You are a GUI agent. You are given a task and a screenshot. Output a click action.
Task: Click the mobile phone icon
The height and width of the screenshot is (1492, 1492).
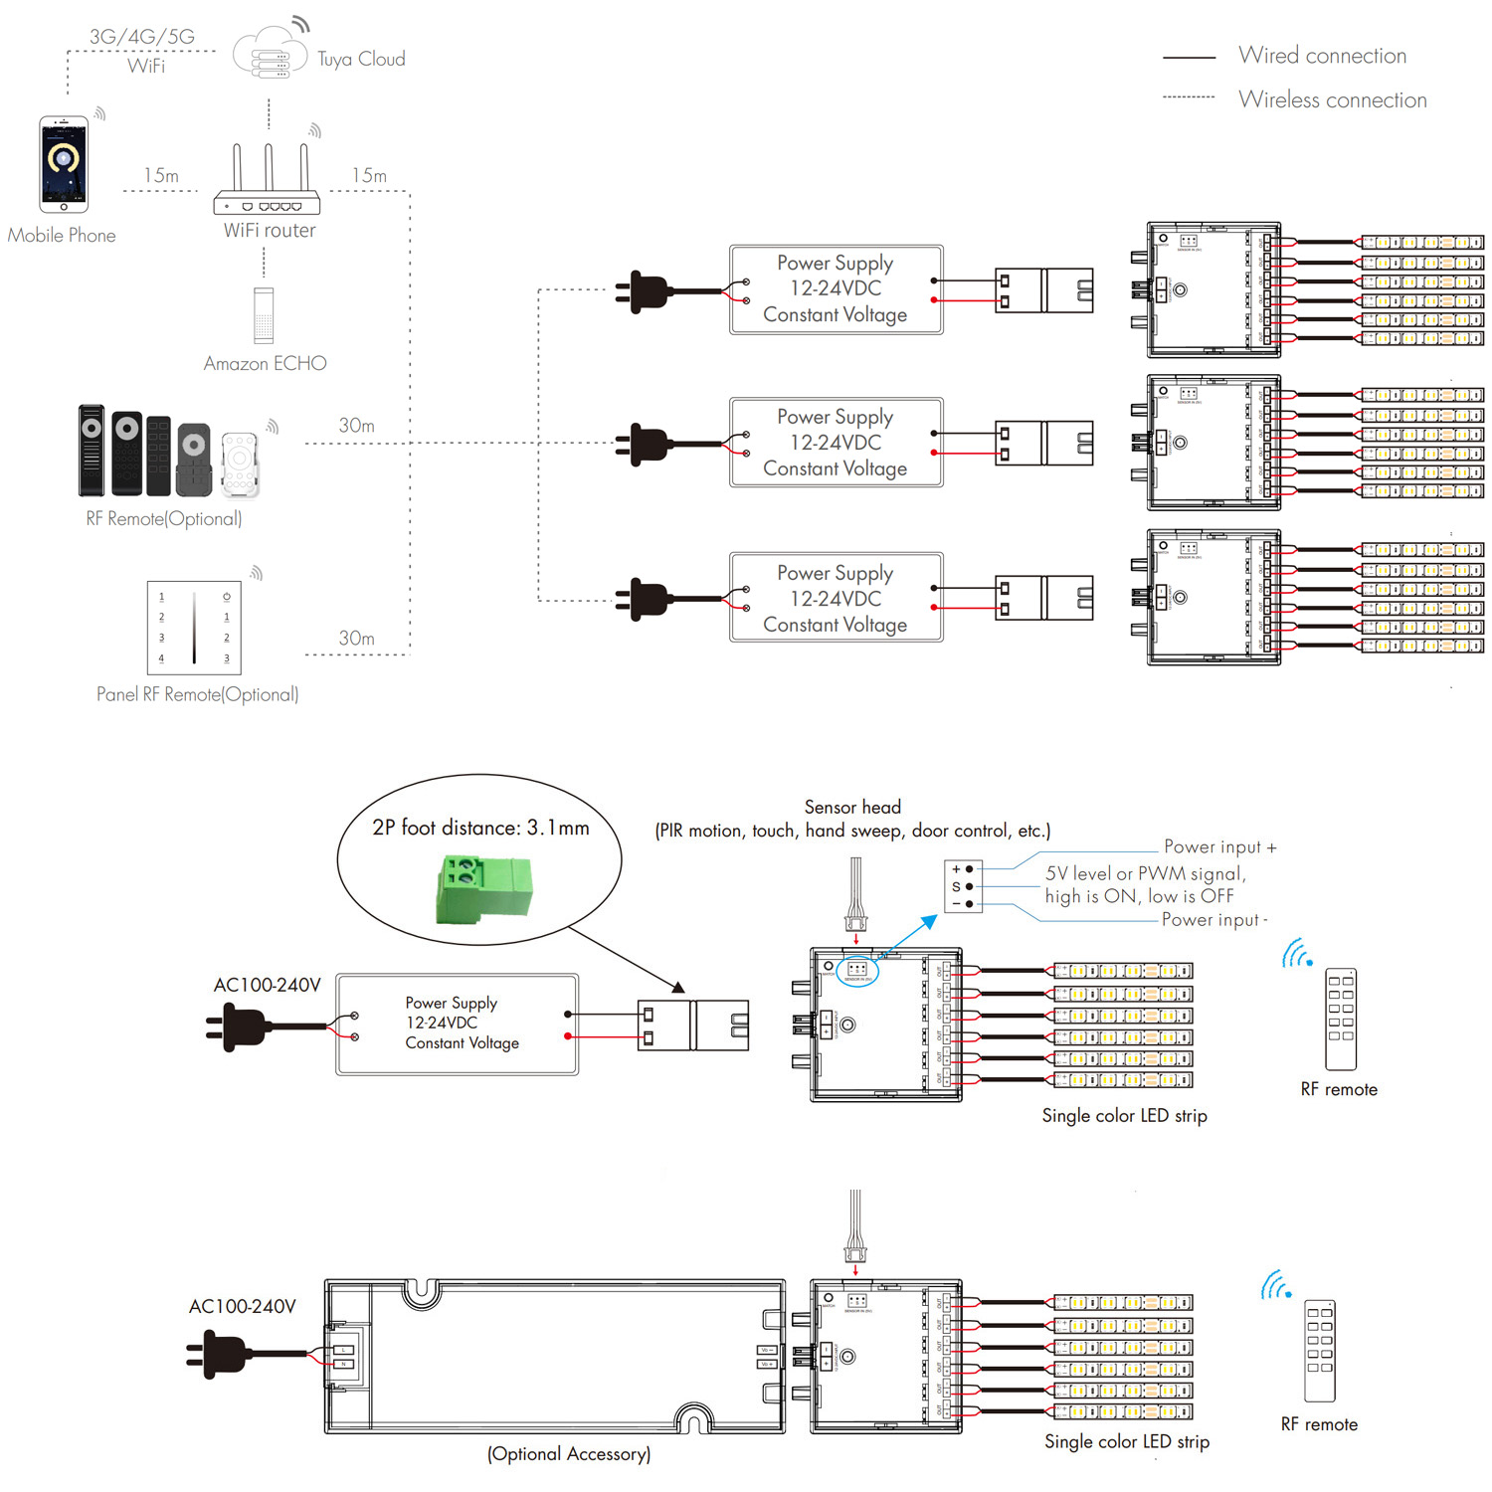click(64, 164)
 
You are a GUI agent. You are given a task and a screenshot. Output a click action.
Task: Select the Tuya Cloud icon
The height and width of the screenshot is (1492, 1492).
click(270, 55)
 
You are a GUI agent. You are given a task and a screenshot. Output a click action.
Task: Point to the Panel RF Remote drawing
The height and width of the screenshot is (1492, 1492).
click(194, 628)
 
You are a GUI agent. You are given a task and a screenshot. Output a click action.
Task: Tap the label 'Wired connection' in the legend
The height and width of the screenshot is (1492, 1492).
click(1322, 56)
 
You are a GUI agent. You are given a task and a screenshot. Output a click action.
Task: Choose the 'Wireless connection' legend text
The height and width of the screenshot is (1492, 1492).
click(1332, 100)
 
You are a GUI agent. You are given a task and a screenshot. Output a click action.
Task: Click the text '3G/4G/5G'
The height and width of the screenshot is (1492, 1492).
click(142, 37)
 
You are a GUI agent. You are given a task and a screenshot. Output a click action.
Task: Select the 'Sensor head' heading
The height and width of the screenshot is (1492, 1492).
click(852, 807)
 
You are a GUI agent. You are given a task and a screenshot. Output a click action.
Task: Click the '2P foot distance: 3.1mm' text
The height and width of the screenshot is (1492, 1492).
click(480, 828)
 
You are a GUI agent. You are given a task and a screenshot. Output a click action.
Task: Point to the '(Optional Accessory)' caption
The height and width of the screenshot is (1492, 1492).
click(569, 1454)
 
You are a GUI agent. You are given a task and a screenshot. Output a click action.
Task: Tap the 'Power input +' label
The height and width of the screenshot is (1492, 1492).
click(1219, 847)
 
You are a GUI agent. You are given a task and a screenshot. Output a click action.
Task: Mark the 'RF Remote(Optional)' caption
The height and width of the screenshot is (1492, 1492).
click(164, 519)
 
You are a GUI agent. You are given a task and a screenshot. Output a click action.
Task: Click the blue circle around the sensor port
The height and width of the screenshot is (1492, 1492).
click(856, 970)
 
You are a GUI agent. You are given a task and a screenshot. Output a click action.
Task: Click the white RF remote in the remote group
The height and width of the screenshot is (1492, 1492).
click(240, 464)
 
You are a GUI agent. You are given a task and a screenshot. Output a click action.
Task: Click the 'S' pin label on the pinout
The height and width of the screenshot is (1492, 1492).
click(956, 886)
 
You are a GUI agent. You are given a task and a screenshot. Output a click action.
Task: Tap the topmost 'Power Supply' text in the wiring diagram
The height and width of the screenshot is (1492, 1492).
click(835, 264)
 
